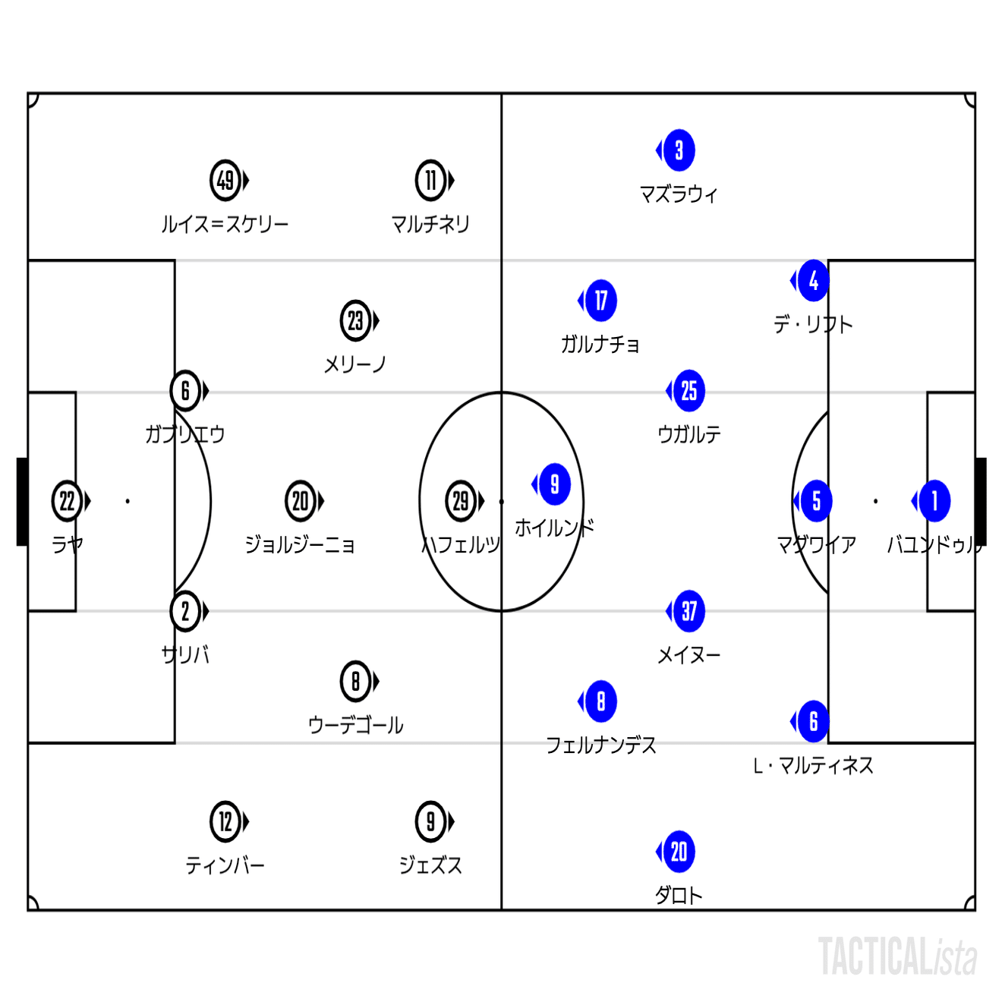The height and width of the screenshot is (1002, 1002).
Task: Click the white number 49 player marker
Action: pyautogui.click(x=225, y=181)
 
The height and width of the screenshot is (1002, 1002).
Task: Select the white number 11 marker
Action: pyautogui.click(x=430, y=181)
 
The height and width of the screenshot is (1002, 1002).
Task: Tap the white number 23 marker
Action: pyautogui.click(x=356, y=321)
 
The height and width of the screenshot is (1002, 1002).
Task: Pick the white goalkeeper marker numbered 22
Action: pyautogui.click(x=67, y=501)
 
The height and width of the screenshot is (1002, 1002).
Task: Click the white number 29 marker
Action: pyautogui.click(x=461, y=501)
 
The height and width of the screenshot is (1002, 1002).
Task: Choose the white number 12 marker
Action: pyautogui.click(x=225, y=822)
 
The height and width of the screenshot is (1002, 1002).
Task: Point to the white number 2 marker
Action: pyautogui.click(x=185, y=612)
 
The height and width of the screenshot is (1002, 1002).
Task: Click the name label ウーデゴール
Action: pyautogui.click(x=356, y=726)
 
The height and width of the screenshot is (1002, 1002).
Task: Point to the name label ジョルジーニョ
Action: pyautogui.click(x=300, y=545)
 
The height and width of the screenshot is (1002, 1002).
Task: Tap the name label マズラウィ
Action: pyautogui.click(x=679, y=194)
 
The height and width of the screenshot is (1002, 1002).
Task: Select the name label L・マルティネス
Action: pyautogui.click(x=813, y=766)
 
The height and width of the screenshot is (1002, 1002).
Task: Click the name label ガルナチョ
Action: pyautogui.click(x=600, y=344)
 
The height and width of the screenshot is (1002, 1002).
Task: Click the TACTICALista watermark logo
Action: pyautogui.click(x=897, y=956)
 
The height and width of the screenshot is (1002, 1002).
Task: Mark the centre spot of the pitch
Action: pyautogui.click(x=501, y=501)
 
